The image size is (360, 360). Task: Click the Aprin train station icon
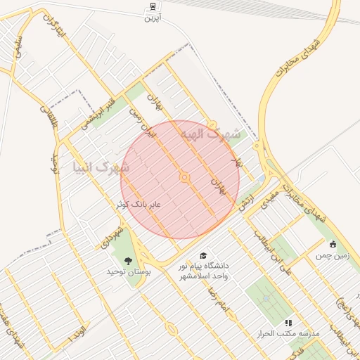click(153, 6)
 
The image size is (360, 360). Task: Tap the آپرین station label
click(153, 17)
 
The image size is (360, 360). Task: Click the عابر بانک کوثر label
click(139, 204)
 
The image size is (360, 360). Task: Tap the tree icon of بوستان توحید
click(127, 261)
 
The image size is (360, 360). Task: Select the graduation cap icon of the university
click(204, 256)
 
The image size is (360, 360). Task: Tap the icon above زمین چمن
click(333, 244)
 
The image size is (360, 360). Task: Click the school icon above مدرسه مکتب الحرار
click(288, 323)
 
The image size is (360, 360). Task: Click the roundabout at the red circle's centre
click(185, 178)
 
